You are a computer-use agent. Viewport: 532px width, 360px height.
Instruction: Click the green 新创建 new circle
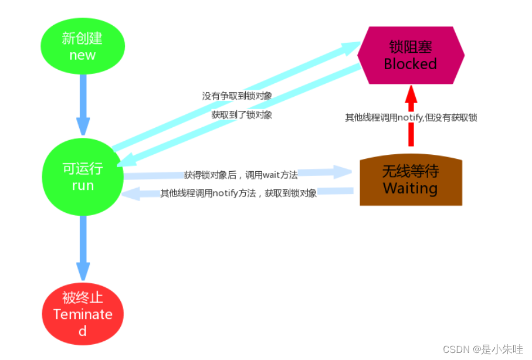(x=83, y=47)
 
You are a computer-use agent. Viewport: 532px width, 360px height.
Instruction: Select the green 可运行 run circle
(x=83, y=176)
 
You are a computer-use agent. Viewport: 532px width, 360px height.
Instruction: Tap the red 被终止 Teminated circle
(x=83, y=314)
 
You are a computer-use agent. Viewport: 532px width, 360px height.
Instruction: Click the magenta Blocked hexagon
(x=411, y=55)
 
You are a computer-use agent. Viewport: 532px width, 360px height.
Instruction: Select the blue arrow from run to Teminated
(x=83, y=246)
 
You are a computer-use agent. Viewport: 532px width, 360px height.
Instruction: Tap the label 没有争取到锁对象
(x=237, y=96)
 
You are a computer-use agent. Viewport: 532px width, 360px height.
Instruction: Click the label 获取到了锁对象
(x=242, y=115)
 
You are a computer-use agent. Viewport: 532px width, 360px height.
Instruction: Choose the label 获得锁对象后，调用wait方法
(x=240, y=175)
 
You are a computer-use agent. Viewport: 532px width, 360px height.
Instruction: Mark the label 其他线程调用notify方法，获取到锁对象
(x=239, y=193)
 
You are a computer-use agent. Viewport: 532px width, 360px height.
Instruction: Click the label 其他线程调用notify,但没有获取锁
(x=411, y=117)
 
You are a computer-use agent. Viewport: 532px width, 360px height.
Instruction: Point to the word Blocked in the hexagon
(x=411, y=64)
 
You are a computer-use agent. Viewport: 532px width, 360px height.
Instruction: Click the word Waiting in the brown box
(x=411, y=188)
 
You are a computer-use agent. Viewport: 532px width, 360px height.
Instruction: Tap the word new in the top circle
(x=83, y=55)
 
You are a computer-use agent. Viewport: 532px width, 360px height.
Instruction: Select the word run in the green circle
(x=83, y=185)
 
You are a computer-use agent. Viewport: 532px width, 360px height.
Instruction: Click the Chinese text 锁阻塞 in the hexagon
(x=411, y=47)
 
